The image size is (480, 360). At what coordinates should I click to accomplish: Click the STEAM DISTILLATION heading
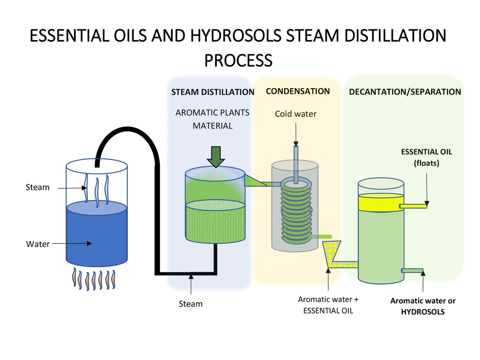click(x=212, y=92)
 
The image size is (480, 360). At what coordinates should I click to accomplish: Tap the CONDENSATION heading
click(x=298, y=91)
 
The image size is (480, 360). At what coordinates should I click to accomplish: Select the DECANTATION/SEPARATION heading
click(x=405, y=92)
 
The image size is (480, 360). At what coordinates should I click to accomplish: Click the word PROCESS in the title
click(x=238, y=60)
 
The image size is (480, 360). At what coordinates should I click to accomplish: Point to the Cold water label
click(x=295, y=114)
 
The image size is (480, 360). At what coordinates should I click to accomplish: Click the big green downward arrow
click(x=215, y=157)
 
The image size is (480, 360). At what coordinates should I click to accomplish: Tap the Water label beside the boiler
click(x=37, y=244)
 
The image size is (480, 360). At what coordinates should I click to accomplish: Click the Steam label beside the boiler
click(x=37, y=187)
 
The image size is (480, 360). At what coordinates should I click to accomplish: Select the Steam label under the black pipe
click(x=191, y=304)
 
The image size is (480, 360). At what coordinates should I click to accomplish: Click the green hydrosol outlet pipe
click(x=412, y=270)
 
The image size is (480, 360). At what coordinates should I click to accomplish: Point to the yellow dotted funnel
click(x=333, y=253)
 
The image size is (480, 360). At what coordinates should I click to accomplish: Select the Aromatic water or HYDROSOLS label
click(x=423, y=306)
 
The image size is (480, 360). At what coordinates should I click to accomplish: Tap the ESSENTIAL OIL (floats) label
click(x=426, y=157)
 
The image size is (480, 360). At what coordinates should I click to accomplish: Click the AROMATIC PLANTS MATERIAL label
click(x=212, y=119)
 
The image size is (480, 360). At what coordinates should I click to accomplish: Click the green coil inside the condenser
click(x=295, y=211)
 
